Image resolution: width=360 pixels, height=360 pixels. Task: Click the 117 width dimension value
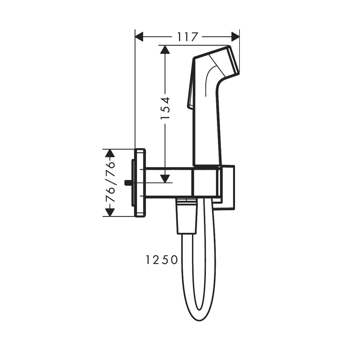(x=187, y=37)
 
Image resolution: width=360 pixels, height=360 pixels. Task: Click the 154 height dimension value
(x=165, y=108)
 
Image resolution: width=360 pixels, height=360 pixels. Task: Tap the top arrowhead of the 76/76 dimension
(x=110, y=153)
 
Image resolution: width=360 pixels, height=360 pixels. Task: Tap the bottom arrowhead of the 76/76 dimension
(x=110, y=212)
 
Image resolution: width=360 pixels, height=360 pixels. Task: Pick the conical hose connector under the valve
(x=186, y=217)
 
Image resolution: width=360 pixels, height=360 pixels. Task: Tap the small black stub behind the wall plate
(x=127, y=182)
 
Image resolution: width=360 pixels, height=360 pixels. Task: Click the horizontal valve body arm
(x=168, y=182)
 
